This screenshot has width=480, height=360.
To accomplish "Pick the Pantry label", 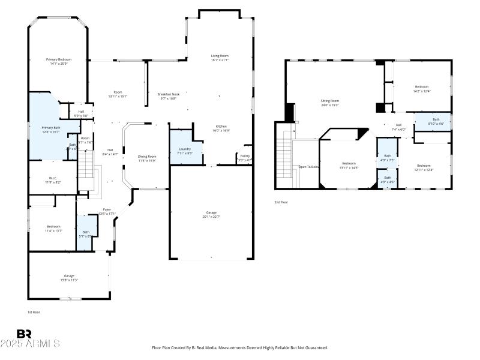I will coord(245,157).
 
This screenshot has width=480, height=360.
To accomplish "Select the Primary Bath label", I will coord(51,129).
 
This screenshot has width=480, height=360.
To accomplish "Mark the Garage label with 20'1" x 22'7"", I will coord(211,214).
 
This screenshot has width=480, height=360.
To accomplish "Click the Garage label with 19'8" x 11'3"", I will coord(69,278).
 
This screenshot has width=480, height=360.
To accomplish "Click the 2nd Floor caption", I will coord(281,202).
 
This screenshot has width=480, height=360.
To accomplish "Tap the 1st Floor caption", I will coord(34,312).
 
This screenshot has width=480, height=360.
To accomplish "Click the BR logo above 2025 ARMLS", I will coord(24,334).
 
